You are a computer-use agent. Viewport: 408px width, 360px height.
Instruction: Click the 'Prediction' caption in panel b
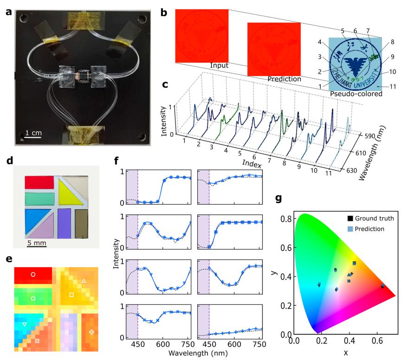(x=284, y=79)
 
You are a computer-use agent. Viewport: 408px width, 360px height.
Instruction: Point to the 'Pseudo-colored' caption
(x=355, y=94)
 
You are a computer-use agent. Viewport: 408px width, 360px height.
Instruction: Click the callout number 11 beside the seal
(x=393, y=86)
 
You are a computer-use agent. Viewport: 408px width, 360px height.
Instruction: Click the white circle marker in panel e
(x=33, y=274)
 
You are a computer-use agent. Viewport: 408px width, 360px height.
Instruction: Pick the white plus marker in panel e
(x=91, y=332)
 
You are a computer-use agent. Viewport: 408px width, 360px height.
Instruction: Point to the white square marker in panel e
(x=71, y=295)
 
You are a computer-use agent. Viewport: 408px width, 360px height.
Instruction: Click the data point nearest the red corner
(x=382, y=286)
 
